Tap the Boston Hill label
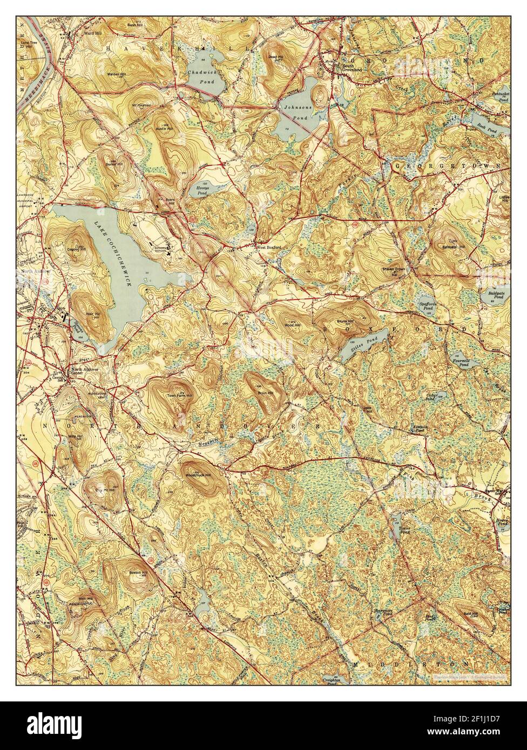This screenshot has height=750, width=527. click(x=135, y=572)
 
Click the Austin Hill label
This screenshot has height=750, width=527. click(x=165, y=130)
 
